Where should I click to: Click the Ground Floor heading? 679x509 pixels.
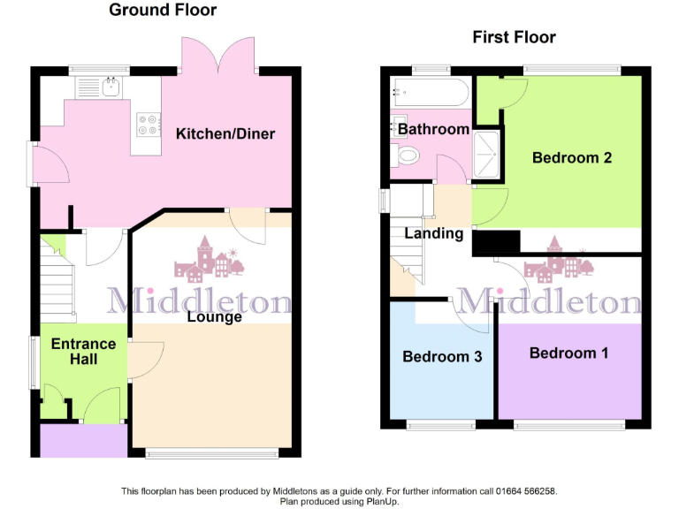163,11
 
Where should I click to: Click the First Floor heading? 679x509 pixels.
514,37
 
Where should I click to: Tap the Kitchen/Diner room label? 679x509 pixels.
225,134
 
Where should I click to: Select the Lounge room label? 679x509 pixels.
215,316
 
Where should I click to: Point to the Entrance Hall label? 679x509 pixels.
82,352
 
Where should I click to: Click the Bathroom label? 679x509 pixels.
433,129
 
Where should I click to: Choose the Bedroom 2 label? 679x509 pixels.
572,158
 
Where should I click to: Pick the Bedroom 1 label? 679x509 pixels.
568,353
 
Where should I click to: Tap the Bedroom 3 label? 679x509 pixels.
442,357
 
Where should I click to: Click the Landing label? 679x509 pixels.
434,234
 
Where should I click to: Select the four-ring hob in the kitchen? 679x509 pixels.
149,125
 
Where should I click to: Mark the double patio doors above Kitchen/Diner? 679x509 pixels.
220,55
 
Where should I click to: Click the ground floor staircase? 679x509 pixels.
57,284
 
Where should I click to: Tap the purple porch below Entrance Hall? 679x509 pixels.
83,440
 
